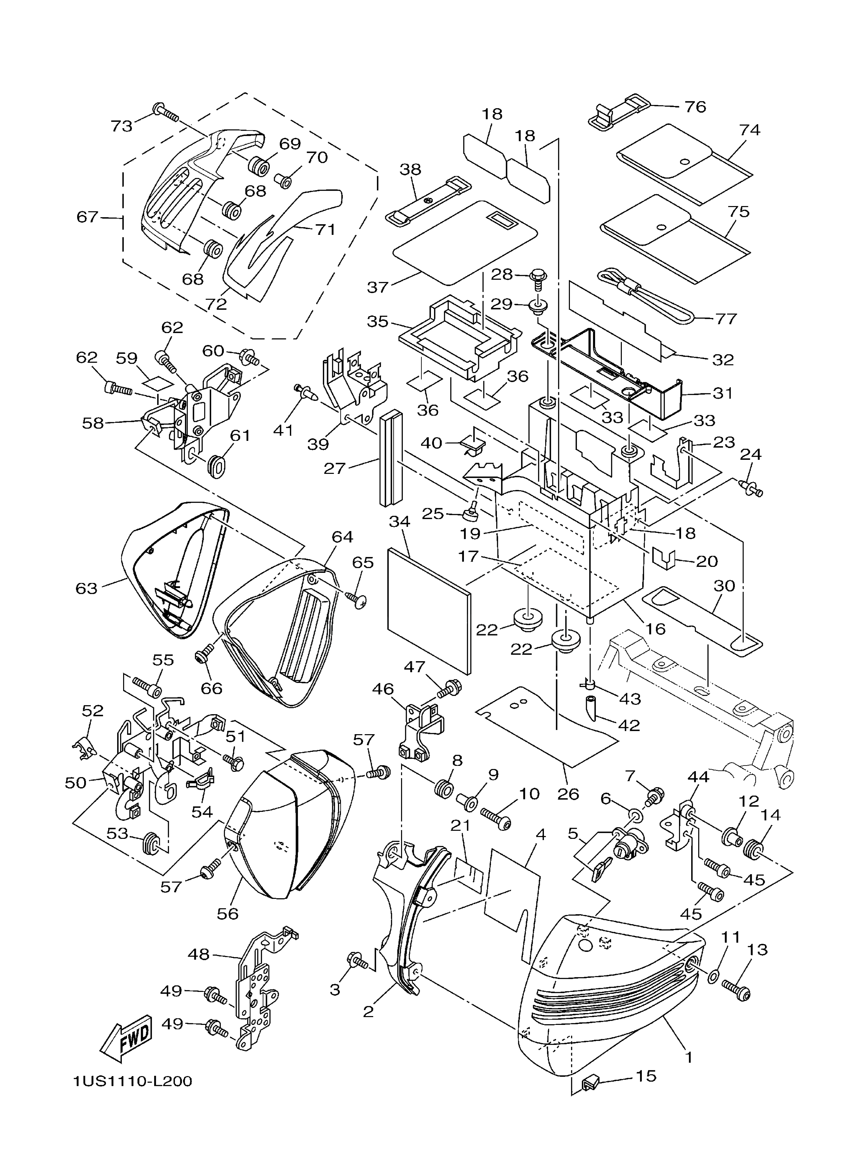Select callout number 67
point(87,217)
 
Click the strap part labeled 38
point(427,200)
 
